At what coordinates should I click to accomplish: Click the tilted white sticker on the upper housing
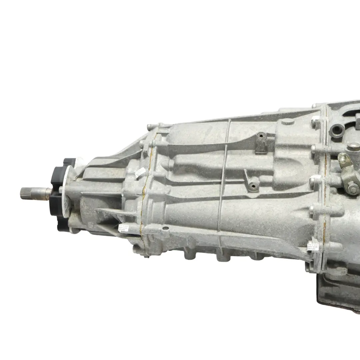click(x=140, y=173)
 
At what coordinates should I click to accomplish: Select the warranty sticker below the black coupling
click(x=122, y=228)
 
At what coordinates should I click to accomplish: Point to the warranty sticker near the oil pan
click(x=313, y=247)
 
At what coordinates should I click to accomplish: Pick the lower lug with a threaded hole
click(x=254, y=184)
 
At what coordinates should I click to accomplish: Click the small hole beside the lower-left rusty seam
click(x=165, y=228)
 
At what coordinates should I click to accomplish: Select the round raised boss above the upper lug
click(x=288, y=122)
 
